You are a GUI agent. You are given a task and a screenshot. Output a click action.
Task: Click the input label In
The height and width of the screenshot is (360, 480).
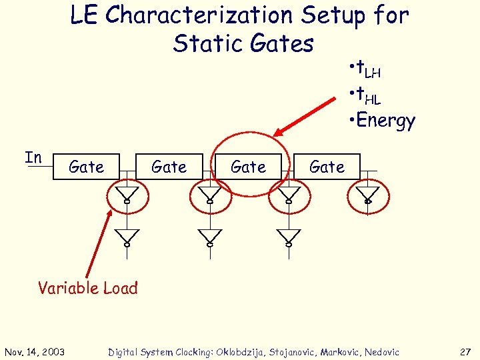[x=33, y=158]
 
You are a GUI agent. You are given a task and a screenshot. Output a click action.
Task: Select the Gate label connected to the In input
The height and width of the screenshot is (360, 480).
[x=86, y=167]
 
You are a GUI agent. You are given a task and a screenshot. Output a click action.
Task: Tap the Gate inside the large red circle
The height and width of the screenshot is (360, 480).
[x=248, y=167]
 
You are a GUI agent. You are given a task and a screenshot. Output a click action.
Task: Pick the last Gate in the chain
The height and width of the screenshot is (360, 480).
[x=327, y=167]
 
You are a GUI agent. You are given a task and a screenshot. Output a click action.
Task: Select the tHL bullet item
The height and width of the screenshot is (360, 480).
[x=365, y=95]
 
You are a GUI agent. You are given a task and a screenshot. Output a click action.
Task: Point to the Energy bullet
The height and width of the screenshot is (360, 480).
[x=382, y=121]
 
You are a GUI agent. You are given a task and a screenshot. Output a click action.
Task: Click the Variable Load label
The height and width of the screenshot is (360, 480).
[x=87, y=288]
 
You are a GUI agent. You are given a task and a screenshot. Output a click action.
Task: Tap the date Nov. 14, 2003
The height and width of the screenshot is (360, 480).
[x=38, y=352]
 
